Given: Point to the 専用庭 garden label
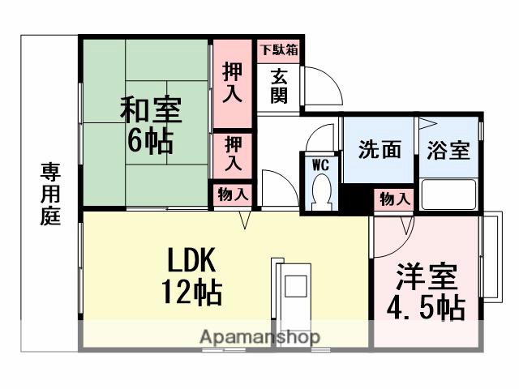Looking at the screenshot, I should pyautogui.click(x=51, y=194).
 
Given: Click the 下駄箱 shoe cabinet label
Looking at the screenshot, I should pyautogui.click(x=278, y=49).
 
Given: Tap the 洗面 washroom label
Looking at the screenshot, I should pyautogui.click(x=380, y=150).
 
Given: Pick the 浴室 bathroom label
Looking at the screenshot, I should pyautogui.click(x=448, y=150).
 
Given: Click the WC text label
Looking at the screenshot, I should pyautogui.click(x=320, y=164).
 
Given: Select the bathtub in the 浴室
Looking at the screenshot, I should pyautogui.click(x=448, y=194).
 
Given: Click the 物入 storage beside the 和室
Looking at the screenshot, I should pyautogui.click(x=233, y=194).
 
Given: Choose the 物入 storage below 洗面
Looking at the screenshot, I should pyautogui.click(x=395, y=199).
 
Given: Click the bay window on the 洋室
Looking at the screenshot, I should pyautogui.click(x=491, y=256).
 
